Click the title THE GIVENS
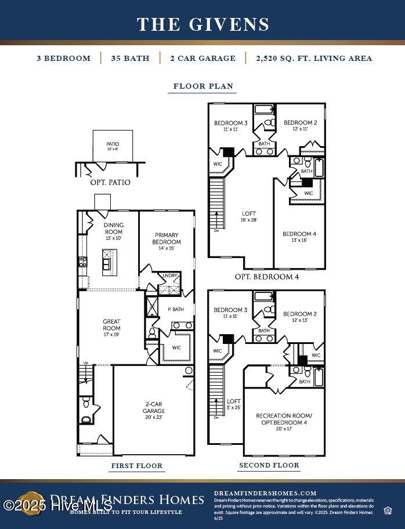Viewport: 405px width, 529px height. tap(203, 24)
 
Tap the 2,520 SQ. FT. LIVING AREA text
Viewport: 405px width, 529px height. tap(314, 58)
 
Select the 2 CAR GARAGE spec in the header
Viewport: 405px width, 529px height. tap(202, 58)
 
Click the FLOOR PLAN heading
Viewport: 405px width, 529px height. tap(204, 86)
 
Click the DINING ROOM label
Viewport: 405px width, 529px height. tap(114, 229)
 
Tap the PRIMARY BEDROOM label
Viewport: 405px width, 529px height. tap(167, 238)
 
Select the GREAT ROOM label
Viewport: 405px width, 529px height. tap(112, 325)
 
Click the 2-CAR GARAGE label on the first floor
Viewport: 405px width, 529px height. tap(154, 408)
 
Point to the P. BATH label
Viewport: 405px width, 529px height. tap(176, 309)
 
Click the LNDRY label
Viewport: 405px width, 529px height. tap(170, 276)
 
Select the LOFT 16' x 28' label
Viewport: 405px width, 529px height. tap(248, 216)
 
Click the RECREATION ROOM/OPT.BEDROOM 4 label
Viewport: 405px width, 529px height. tap(284, 419)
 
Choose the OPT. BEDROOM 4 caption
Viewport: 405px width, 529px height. tap(266, 277)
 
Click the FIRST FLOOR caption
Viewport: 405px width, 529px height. tap(137, 465)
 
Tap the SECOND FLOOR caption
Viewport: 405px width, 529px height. tap(269, 465)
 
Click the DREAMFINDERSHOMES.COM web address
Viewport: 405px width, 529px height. tap(265, 493)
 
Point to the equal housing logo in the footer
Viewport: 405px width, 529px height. tap(388, 510)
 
